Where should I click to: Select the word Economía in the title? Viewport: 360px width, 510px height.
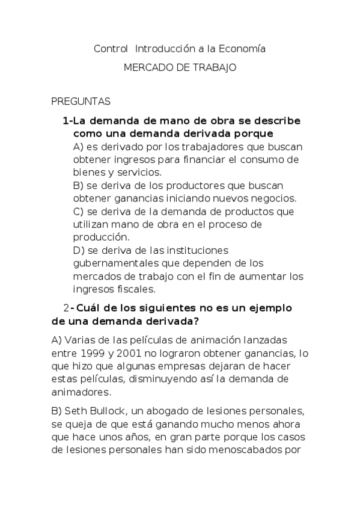[240, 48]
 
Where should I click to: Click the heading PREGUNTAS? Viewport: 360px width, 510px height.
[81, 102]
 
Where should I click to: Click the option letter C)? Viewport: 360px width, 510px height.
[78, 212]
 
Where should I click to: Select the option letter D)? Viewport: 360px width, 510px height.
[78, 250]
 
